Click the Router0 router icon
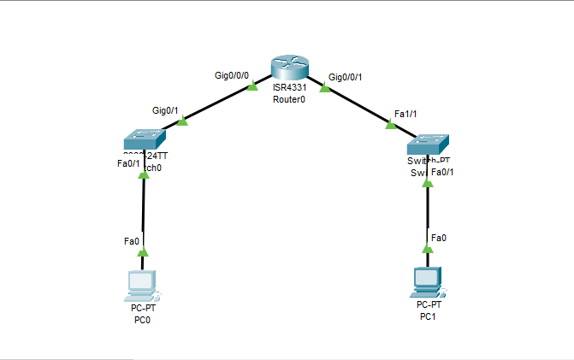coord(288,68)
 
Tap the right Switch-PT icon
coord(429,143)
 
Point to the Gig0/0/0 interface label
coord(232,75)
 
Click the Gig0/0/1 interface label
coord(346,78)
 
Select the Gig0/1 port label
coord(165,110)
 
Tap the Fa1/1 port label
coord(404,114)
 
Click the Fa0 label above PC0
coord(132,242)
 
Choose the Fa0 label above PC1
coord(438,237)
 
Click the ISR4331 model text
coord(289,88)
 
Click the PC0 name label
coord(142,320)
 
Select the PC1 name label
coord(429,316)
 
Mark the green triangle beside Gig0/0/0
coord(252,86)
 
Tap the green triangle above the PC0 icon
coord(143,252)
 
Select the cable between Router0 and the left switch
coord(218,104)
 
